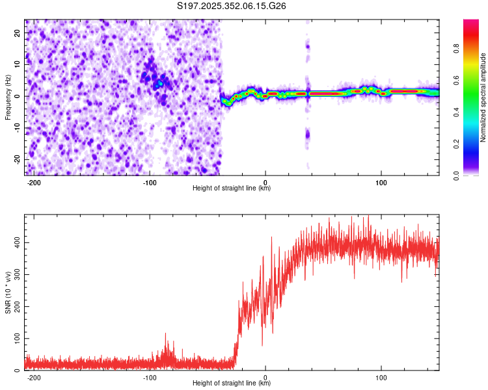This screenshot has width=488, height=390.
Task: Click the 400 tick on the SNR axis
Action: (x=16, y=242)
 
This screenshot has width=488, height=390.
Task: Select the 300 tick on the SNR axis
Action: (x=16, y=274)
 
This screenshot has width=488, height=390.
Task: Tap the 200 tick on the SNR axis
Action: (x=16, y=307)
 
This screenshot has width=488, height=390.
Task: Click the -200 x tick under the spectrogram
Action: (x=34, y=183)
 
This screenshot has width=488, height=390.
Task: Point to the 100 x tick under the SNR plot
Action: (x=381, y=377)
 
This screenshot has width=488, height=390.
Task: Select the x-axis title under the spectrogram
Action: (x=232, y=188)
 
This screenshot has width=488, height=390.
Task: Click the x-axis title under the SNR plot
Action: (x=232, y=383)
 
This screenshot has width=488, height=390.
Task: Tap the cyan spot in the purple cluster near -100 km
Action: (x=159, y=84)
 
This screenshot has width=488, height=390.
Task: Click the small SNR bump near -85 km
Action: (x=165, y=339)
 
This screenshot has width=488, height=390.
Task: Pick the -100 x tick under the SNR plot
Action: (x=150, y=377)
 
